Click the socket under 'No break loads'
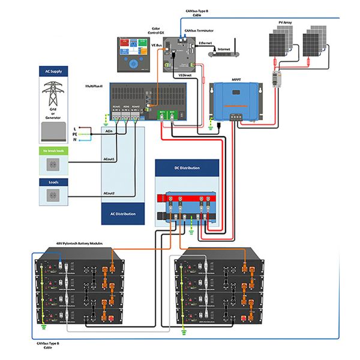tap(54, 163)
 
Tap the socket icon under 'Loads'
tap(54, 194)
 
